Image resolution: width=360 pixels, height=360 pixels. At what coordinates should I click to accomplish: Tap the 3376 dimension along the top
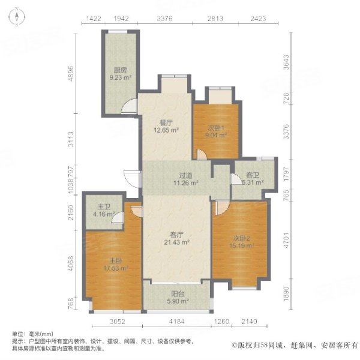pos(164,19)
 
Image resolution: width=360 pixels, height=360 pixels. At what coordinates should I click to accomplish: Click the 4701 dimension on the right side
pos(286,246)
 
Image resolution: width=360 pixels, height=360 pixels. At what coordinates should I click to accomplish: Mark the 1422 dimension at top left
pos(94,19)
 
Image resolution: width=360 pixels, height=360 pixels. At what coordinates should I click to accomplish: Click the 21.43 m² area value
pos(177,242)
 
